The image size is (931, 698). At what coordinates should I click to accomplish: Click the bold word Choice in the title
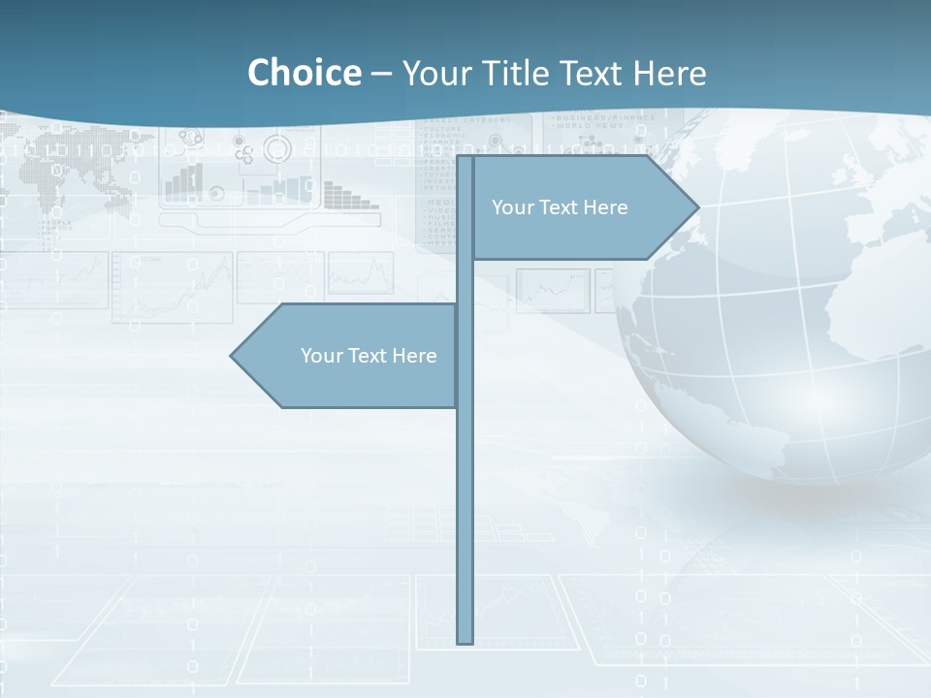[x=304, y=73]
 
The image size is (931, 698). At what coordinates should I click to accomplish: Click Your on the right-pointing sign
[x=510, y=207]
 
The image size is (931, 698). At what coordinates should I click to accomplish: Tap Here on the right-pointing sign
[x=605, y=207]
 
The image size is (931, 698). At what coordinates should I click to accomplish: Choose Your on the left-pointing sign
[x=319, y=356]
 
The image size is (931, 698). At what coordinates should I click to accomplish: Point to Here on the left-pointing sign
[x=414, y=356]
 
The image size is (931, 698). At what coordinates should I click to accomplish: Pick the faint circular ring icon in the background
[x=277, y=148]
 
